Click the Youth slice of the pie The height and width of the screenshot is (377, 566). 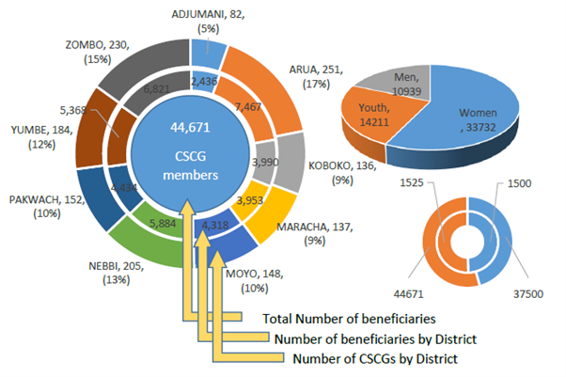tap(374, 114)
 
